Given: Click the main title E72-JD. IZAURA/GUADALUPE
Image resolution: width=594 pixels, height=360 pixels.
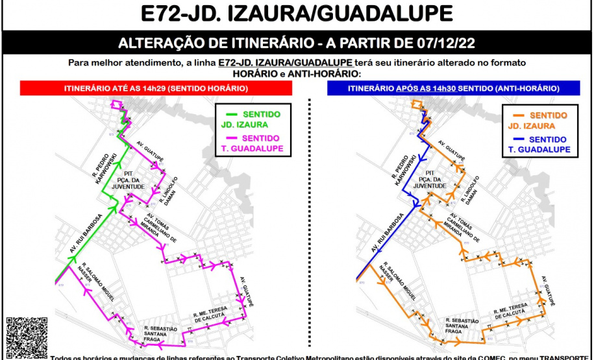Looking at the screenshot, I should (297, 14).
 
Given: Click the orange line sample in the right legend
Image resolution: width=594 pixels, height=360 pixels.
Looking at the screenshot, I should (514, 115).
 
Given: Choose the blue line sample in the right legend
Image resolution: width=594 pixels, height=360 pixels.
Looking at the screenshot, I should (514, 139).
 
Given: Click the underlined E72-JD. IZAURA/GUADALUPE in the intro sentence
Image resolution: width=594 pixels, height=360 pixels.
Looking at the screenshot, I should (286, 62).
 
